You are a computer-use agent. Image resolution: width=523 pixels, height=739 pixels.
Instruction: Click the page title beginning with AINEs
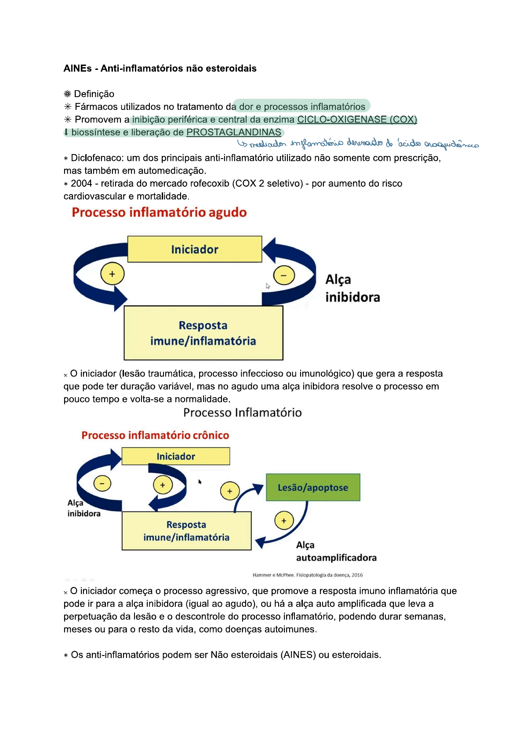pos(160,69)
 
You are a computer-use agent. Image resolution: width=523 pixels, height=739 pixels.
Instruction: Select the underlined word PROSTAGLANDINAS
pos(234,132)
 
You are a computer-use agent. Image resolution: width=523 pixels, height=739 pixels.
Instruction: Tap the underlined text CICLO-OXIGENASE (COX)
pos(357,120)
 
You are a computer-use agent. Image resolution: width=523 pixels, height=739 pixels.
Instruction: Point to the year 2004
pos(82,184)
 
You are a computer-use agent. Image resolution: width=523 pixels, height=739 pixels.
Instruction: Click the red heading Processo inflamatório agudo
pos(159,213)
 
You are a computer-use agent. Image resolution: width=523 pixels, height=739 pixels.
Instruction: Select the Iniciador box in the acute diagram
pos(195,249)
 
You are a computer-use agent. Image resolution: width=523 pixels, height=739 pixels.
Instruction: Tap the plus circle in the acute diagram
pos(113,274)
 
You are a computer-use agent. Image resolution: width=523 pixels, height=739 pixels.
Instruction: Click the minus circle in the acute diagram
pos(284,275)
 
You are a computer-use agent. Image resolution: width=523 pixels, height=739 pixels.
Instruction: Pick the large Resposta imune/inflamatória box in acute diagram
pos(203,333)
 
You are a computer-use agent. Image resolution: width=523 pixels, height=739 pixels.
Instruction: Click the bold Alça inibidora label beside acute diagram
pos(352,289)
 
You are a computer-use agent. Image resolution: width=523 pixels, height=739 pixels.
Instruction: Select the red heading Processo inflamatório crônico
pos(155,435)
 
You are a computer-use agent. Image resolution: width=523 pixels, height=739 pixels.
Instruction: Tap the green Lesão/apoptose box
pos(313,487)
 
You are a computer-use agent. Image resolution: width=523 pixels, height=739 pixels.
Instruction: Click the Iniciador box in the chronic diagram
pos(176,456)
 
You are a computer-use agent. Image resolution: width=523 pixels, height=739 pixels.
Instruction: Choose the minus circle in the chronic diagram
pos(102,484)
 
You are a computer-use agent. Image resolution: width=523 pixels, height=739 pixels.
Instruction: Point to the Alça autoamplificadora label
pos(336,551)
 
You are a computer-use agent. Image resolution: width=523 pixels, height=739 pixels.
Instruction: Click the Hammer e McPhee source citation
pos(308,575)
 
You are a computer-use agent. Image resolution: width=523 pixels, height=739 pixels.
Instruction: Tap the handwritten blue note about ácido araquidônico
pos(358,144)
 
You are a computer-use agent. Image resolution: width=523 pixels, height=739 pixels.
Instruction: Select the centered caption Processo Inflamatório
pos(243,413)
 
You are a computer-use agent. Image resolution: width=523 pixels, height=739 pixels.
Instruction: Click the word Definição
pos(94,94)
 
